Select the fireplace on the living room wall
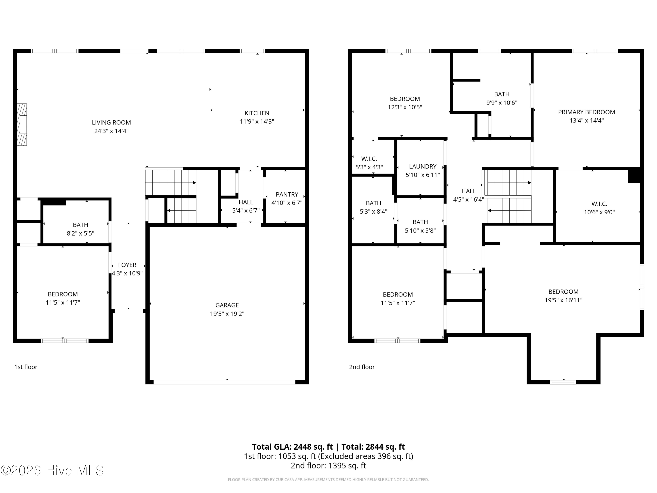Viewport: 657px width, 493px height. (x=22, y=125)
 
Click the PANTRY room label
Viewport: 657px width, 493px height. (x=287, y=194)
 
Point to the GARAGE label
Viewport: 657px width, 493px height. (x=227, y=305)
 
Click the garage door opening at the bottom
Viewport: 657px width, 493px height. (x=224, y=382)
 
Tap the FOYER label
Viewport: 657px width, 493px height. (x=127, y=265)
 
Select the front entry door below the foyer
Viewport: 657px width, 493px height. (x=129, y=311)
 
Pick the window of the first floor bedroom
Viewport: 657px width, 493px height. (x=64, y=341)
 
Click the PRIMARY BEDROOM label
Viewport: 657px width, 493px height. (x=586, y=112)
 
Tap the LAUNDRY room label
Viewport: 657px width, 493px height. (x=422, y=166)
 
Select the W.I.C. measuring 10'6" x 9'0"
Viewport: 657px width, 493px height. (x=599, y=208)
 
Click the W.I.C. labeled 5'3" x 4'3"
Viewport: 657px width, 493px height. (x=369, y=163)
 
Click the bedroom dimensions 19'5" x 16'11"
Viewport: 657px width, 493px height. (x=563, y=300)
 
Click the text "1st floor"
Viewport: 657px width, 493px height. (x=26, y=367)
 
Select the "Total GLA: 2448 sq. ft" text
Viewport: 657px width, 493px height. (x=292, y=447)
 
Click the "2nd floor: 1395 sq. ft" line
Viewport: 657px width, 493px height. (x=328, y=465)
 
